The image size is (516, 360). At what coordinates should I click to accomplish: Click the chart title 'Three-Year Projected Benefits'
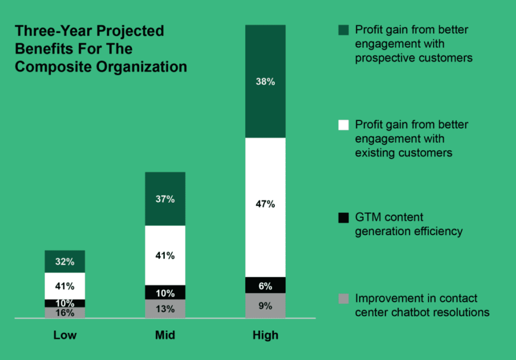pos(101,49)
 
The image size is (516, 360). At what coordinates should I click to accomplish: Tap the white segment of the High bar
pos(265,222)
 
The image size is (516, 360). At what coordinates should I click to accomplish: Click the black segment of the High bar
pos(265,285)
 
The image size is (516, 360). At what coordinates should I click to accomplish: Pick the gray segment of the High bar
pos(265,306)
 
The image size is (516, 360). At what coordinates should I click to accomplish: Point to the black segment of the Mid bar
pos(165,292)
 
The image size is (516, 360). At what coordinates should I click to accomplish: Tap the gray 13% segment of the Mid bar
pos(165,309)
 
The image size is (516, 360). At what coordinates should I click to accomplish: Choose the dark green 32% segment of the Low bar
pos(64,261)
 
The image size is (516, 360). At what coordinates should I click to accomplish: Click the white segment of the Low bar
pos(64,286)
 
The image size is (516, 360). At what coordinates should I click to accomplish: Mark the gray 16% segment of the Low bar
pos(64,313)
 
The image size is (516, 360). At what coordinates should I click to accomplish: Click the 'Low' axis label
pos(64,335)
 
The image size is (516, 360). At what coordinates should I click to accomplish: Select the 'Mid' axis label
pos(165,335)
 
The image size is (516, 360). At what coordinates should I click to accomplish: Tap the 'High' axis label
pos(265,335)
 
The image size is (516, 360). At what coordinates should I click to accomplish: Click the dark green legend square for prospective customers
pos(343,30)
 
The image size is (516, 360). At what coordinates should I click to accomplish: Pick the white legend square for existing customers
pos(343,125)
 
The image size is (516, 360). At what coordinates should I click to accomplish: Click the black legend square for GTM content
pos(343,218)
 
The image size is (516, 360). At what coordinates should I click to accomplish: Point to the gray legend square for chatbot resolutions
pos(343,299)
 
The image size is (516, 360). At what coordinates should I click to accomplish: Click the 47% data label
pos(265,204)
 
